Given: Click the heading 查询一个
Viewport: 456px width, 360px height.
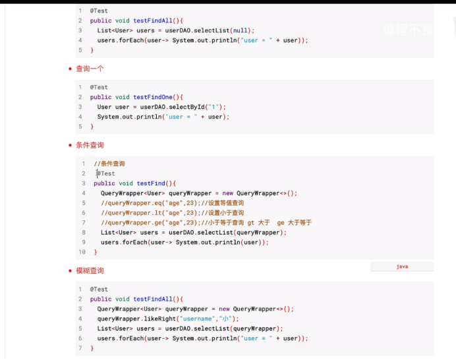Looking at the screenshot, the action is [90, 69].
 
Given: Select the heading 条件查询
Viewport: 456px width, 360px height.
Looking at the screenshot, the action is [90, 145].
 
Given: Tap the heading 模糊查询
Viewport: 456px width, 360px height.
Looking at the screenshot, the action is [90, 271].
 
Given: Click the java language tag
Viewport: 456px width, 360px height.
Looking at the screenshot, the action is [402, 266].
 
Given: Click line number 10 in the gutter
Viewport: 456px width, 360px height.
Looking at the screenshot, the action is [82, 252].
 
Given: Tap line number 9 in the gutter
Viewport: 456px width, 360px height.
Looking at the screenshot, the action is [84, 242].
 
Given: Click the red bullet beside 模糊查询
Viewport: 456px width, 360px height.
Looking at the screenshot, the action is [71, 271].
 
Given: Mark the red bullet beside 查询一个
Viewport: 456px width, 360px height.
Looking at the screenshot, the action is [71, 69].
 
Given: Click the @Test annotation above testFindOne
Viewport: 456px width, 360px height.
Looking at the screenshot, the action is [100, 87].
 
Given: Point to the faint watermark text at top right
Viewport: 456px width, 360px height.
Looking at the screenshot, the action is [408, 29].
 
